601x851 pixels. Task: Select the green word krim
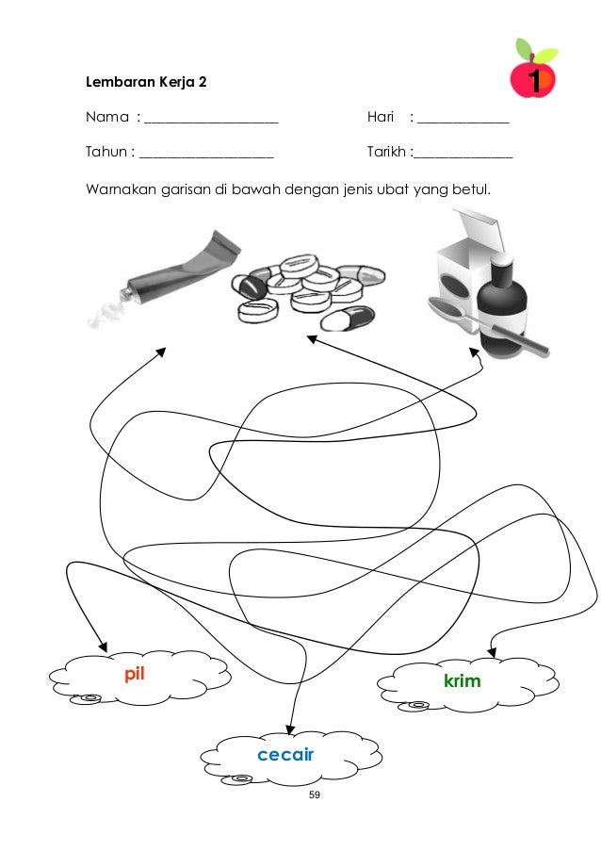tap(462, 680)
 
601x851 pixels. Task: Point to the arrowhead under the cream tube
tap(160, 352)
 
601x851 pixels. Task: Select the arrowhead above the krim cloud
tap(491, 651)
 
